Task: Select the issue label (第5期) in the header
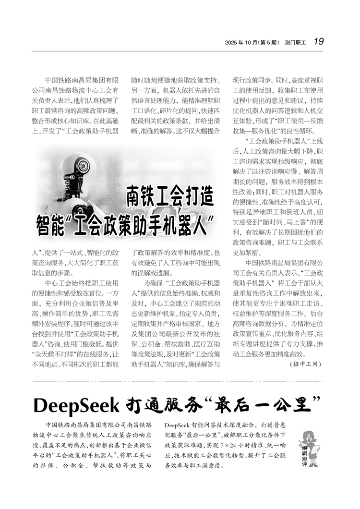click(270, 42)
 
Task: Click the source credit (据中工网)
click(306, 364)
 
